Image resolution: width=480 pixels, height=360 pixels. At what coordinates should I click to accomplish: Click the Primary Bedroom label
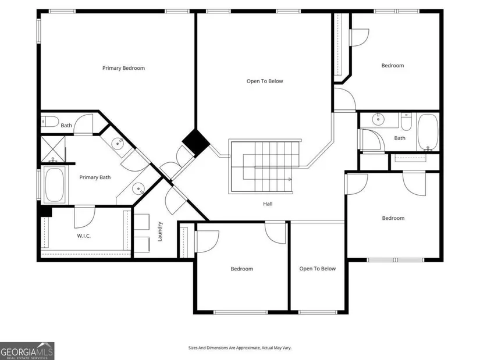pos(123,68)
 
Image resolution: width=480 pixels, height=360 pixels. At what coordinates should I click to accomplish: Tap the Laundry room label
pos(160,231)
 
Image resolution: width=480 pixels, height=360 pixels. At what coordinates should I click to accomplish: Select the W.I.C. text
pos(84,236)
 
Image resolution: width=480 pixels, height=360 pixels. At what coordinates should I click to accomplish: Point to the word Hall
pos(268,204)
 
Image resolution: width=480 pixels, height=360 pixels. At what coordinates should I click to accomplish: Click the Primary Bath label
pos(95,177)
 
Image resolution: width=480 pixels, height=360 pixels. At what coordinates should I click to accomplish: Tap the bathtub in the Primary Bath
pos(55,184)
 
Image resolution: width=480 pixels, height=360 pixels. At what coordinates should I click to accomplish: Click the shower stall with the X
pos(53,149)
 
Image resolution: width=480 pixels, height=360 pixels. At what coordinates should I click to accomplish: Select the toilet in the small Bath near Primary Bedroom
pos(50,122)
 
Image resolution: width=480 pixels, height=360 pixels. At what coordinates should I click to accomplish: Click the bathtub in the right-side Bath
pos(428,132)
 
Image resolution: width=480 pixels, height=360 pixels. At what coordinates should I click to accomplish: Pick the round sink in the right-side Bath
pos(378,119)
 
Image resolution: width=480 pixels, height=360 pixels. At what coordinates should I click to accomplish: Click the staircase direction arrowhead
pos(290,179)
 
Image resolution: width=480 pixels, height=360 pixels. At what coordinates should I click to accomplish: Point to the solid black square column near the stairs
pos(196,141)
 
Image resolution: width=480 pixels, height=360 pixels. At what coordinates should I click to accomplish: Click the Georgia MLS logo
pos(27,351)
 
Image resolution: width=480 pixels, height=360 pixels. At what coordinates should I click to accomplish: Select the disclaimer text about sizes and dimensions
pos(240,348)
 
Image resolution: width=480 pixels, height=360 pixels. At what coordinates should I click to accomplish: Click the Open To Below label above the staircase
pos(265,81)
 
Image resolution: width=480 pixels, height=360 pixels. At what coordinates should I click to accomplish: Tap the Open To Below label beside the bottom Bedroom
pos(318,269)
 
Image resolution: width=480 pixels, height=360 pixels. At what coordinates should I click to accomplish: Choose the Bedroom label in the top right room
pos(393,66)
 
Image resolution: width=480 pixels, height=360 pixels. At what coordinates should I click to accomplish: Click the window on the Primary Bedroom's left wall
pos(38,31)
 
